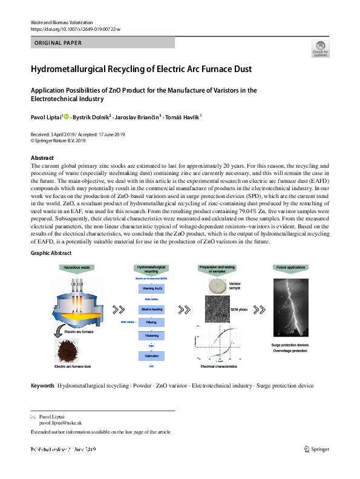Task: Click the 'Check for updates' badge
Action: point(321,48)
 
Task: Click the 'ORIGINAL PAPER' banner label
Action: point(59,43)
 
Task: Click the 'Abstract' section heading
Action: point(43,156)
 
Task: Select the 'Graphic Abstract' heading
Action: point(51,253)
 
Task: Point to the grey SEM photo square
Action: point(216,311)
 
